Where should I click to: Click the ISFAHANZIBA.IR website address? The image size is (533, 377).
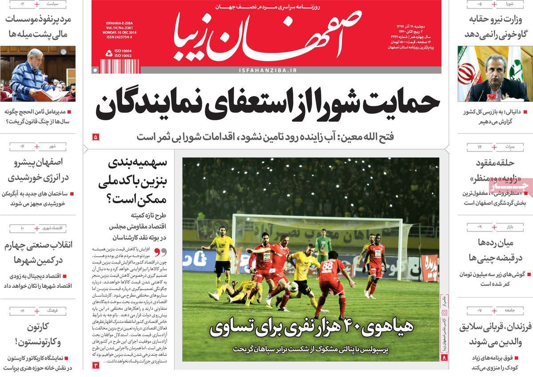pyautogui.click(x=267, y=71)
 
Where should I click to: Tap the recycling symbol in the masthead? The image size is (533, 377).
pyautogui.click(x=109, y=53)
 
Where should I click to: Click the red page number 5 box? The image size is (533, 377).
pyautogui.click(x=96, y=137)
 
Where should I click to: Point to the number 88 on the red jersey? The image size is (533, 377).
pyautogui.click(x=328, y=266)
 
